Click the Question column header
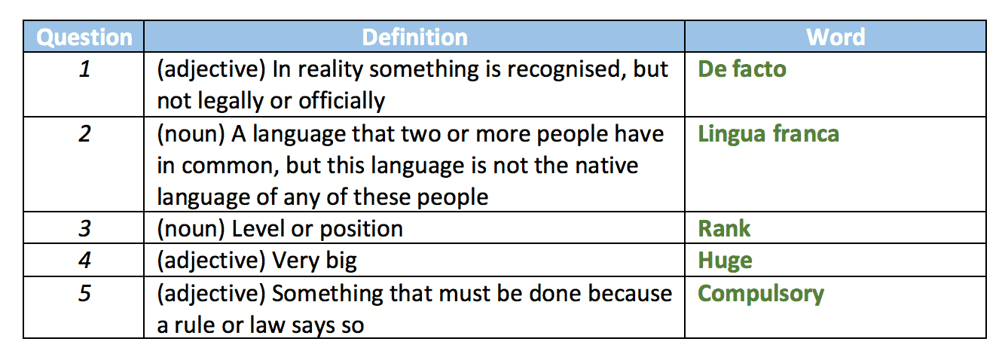click(84, 38)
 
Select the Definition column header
click(414, 37)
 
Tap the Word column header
click(835, 37)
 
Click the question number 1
click(84, 69)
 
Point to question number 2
click(84, 134)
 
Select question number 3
click(84, 229)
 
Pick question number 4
click(84, 261)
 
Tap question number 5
click(84, 293)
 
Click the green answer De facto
click(742, 69)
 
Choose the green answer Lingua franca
click(768, 134)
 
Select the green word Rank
click(724, 229)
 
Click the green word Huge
click(725, 261)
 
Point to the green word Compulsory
click(761, 294)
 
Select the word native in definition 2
click(606, 166)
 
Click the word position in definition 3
click(361, 230)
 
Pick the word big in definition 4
click(341, 261)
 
